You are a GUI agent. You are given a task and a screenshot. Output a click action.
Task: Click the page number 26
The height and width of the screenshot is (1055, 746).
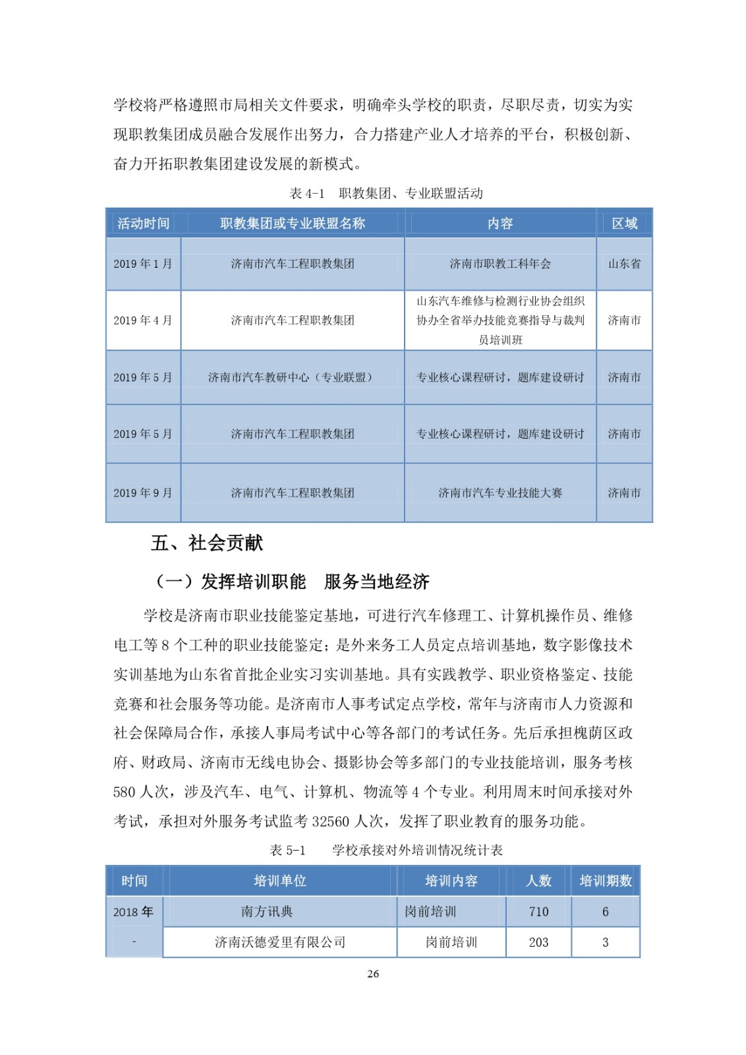click(373, 974)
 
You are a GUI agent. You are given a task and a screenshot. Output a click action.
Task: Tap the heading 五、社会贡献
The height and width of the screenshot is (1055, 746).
click(207, 543)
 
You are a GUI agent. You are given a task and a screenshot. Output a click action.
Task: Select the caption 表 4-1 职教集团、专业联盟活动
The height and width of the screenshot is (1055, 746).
click(386, 193)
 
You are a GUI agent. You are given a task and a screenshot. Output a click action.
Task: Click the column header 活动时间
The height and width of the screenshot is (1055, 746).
click(143, 224)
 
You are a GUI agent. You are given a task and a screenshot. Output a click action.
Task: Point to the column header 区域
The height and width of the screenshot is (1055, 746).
click(624, 224)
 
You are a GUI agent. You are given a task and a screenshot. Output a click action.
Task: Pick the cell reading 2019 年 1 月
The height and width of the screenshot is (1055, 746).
click(143, 264)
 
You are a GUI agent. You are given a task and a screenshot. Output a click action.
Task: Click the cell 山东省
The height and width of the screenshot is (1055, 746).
click(624, 264)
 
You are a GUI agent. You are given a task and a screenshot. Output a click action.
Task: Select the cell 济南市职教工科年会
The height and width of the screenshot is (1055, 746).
click(500, 264)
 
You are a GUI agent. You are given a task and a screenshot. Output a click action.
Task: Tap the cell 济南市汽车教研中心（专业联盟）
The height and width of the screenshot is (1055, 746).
click(292, 377)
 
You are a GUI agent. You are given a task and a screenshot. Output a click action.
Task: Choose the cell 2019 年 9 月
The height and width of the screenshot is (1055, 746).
click(143, 493)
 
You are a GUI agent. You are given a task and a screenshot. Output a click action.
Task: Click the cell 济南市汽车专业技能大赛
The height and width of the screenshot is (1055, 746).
click(500, 493)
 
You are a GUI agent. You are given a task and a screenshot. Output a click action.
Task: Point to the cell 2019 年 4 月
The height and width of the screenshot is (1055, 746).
click(143, 320)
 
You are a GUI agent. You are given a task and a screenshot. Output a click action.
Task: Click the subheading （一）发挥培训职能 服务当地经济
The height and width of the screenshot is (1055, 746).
click(291, 582)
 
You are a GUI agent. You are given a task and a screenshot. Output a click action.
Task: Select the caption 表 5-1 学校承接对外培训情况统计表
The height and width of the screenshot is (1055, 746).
click(386, 850)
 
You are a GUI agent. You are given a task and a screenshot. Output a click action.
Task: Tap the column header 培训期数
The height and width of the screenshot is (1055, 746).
click(605, 881)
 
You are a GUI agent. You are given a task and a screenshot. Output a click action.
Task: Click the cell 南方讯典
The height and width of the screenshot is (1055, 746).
click(267, 912)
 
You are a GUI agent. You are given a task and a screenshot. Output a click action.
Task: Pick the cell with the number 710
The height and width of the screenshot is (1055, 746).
click(538, 912)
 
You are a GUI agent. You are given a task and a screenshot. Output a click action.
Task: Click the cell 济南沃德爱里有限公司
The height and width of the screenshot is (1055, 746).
click(280, 942)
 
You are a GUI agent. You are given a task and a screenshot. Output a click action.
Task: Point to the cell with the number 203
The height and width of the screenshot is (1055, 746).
click(538, 942)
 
